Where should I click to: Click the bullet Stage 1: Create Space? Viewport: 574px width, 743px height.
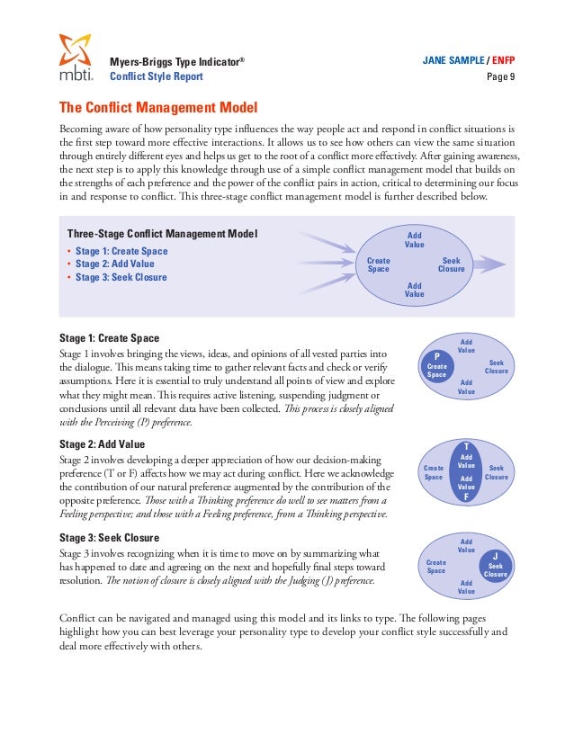121,251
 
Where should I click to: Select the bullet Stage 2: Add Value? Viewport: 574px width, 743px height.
115,264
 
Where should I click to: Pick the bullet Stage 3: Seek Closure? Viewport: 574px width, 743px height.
121,277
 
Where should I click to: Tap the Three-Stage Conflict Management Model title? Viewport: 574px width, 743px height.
163,234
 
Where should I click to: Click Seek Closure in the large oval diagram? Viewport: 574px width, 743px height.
451,264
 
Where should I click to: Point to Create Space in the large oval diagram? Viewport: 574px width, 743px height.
379,264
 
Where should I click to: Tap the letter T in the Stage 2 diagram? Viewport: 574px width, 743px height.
466,446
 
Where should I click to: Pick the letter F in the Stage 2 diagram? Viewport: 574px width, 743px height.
466,497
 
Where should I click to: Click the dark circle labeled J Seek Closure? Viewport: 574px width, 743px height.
496,565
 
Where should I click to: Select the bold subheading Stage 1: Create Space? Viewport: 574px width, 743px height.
109,338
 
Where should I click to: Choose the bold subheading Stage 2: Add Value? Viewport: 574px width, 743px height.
102,444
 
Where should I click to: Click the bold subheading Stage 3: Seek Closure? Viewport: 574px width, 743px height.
109,537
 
